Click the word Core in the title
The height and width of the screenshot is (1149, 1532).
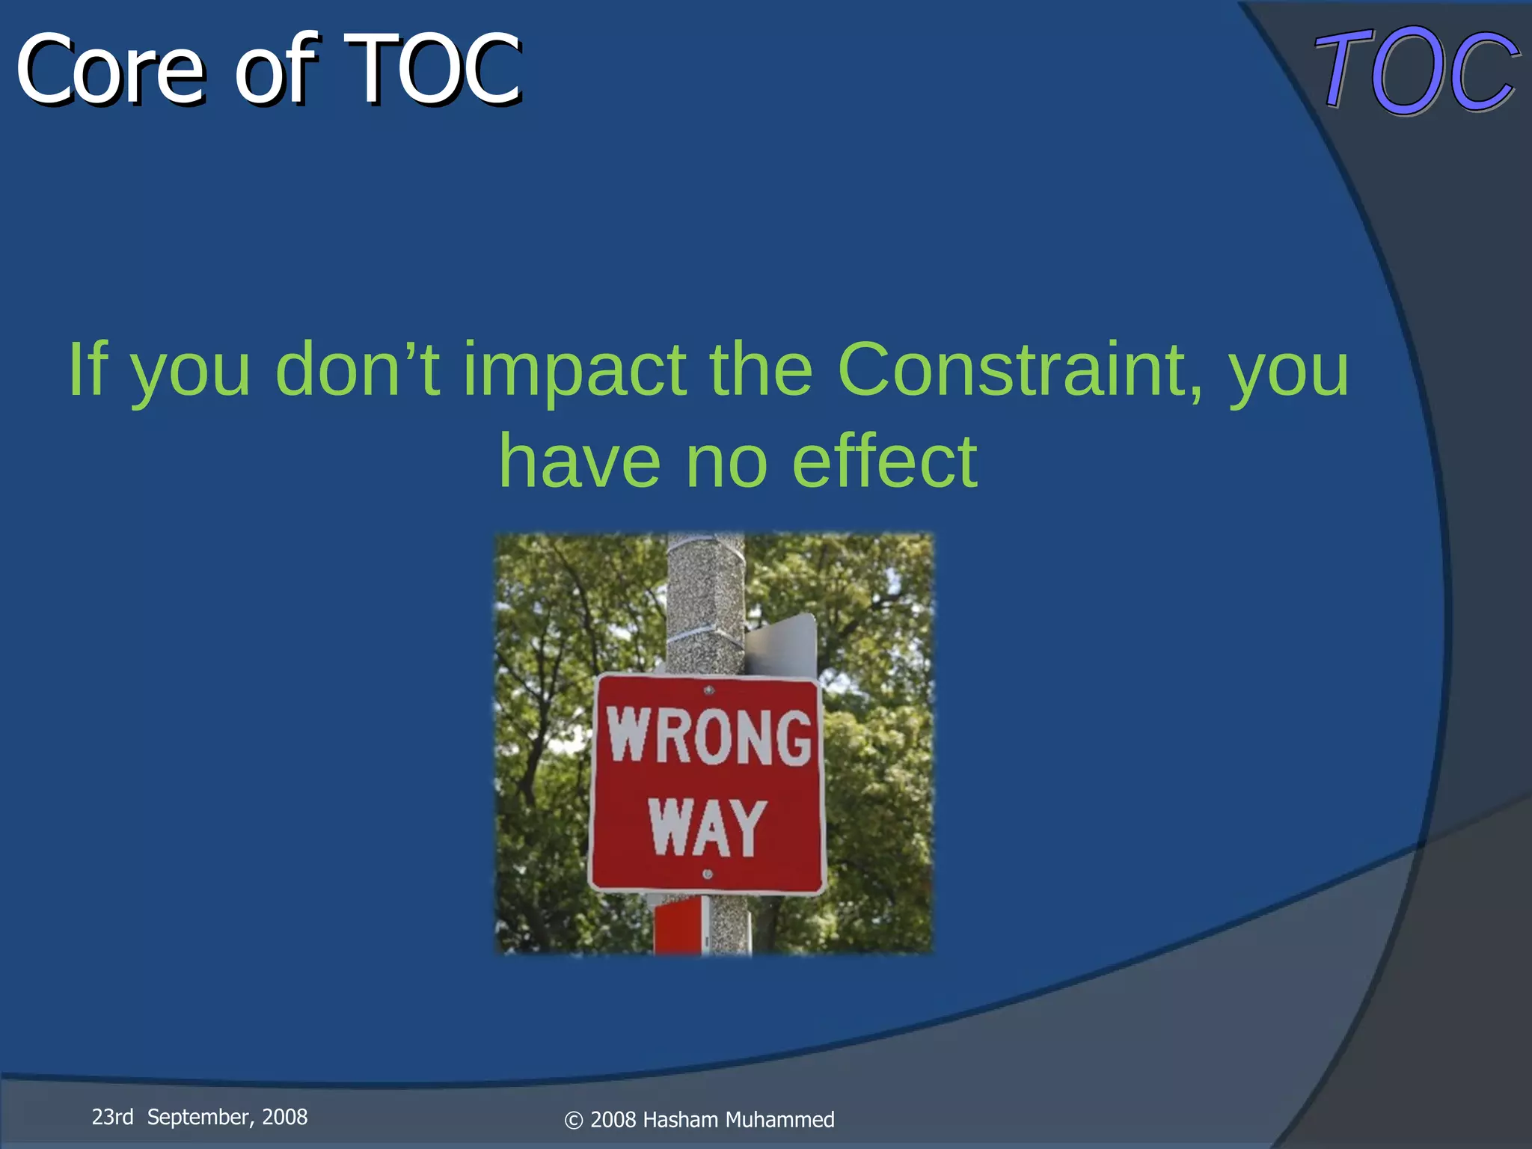[110, 71]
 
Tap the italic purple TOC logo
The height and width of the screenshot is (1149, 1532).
[1416, 71]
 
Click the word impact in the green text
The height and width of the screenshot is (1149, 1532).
[574, 370]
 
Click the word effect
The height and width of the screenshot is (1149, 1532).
[884, 462]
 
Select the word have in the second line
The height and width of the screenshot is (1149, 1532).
[580, 462]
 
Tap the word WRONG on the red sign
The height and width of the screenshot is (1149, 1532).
[708, 736]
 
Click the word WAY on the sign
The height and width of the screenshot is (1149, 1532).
[707, 827]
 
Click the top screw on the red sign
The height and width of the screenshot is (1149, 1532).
[709, 690]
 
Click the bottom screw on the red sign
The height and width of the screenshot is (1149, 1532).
[708, 874]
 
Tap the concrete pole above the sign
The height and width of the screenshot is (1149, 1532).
[705, 598]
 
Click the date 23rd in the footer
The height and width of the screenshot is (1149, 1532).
[112, 1118]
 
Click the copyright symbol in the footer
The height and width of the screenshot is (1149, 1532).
[573, 1121]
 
